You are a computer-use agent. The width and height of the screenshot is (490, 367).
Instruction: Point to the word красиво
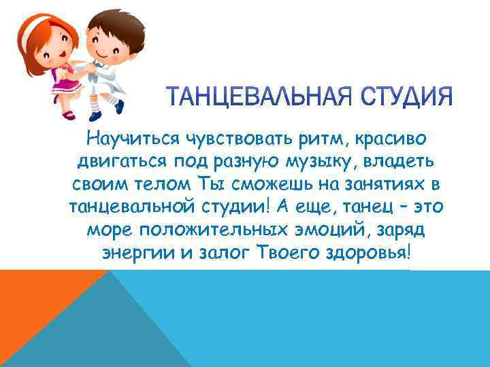click(x=390, y=140)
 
